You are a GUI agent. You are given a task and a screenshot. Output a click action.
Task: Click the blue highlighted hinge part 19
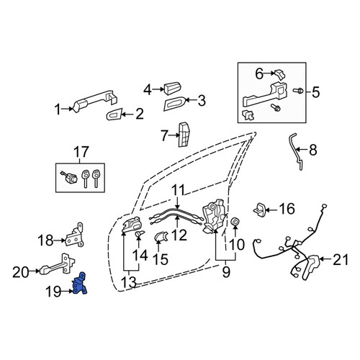(x=79, y=284)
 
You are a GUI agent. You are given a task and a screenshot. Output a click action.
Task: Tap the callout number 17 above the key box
(x=81, y=152)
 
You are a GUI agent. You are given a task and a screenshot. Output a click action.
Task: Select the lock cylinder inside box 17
(x=69, y=177)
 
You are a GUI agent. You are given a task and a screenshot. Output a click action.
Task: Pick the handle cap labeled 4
(x=172, y=89)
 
